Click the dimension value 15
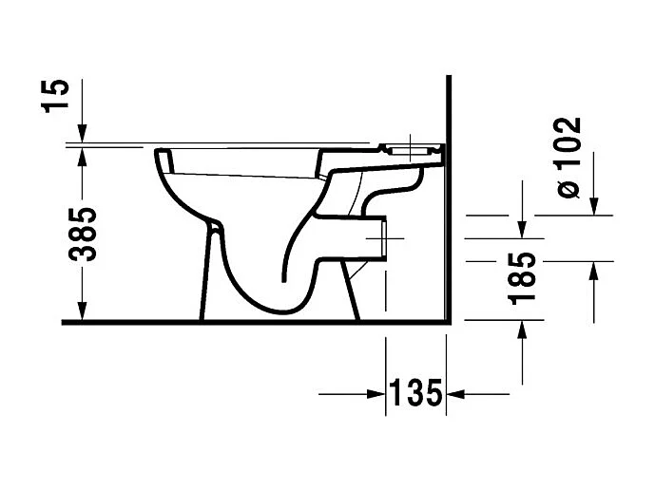[59, 95]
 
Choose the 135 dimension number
[415, 391]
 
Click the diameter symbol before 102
[568, 188]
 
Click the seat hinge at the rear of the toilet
[410, 150]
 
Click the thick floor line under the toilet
[257, 322]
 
